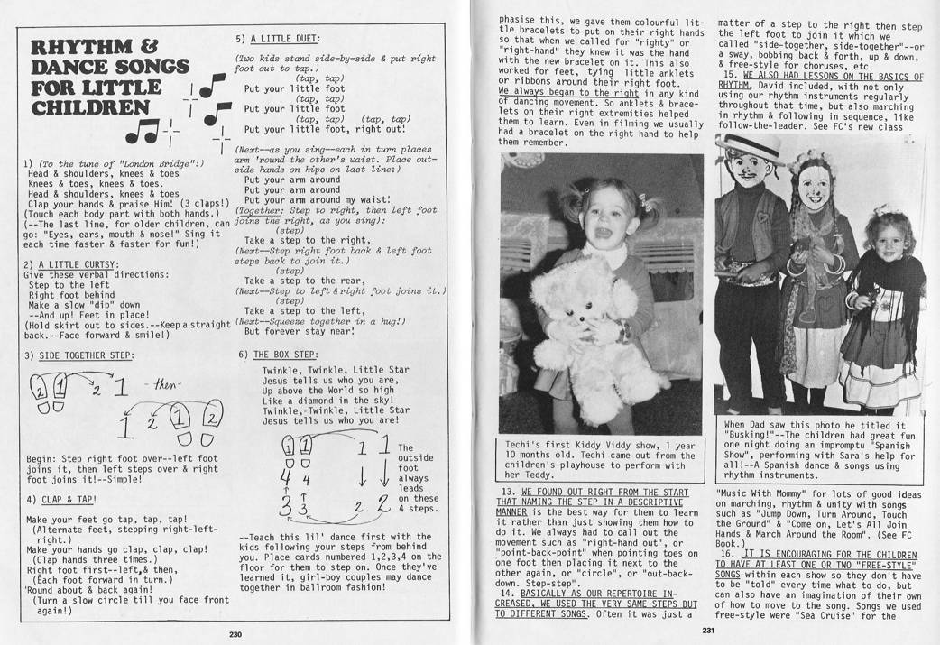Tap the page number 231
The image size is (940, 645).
click(708, 631)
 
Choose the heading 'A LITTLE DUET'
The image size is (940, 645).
click(286, 39)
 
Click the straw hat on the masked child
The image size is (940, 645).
click(751, 144)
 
